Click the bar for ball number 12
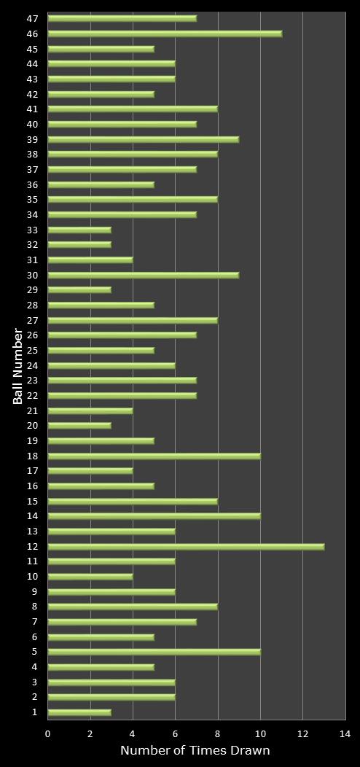(186, 546)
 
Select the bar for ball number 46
(165, 34)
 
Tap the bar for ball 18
(154, 456)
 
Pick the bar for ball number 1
(79, 712)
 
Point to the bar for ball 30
(144, 275)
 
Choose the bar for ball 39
(144, 139)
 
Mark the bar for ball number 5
(154, 652)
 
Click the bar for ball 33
(79, 230)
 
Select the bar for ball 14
(154, 516)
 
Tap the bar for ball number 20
(79, 426)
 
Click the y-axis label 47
(33, 18)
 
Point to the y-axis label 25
(33, 350)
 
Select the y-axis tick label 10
(33, 577)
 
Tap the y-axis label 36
(33, 184)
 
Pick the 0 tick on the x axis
(48, 734)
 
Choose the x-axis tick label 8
(218, 734)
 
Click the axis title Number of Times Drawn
(195, 751)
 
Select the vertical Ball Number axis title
(17, 366)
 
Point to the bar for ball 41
(133, 109)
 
